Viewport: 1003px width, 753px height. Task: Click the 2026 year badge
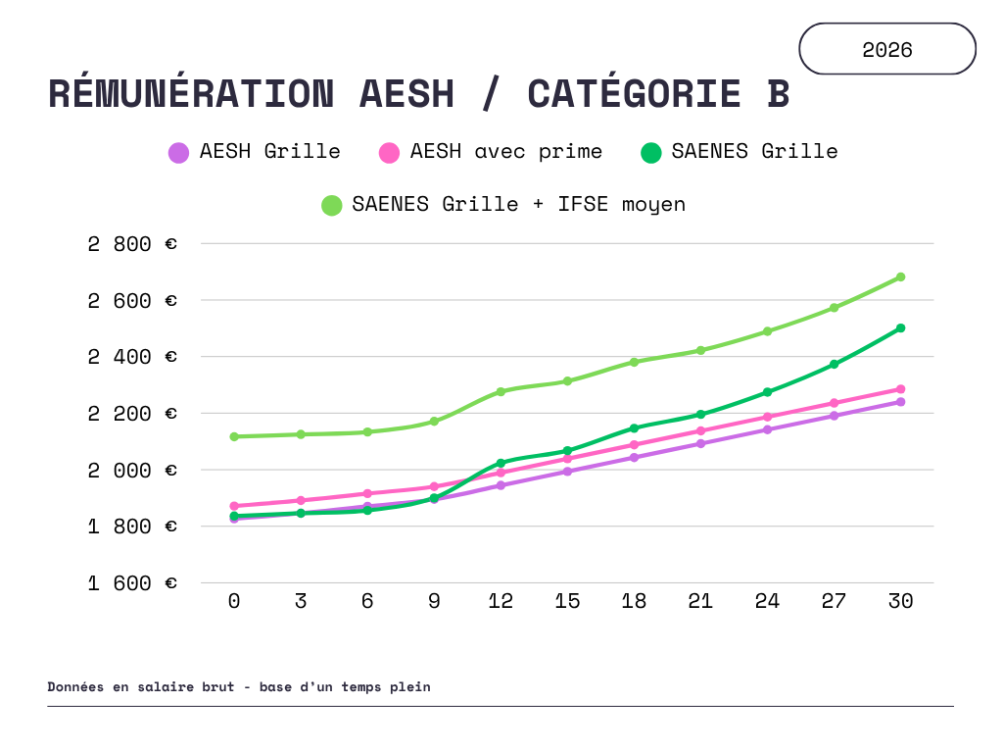(x=887, y=49)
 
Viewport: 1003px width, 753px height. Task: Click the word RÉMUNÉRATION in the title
(x=191, y=93)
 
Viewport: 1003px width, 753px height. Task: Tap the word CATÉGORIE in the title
(x=634, y=93)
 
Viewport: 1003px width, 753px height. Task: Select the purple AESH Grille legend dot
(x=178, y=153)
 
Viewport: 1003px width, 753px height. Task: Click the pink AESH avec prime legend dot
(x=389, y=153)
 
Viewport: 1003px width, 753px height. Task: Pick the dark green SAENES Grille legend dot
(x=650, y=153)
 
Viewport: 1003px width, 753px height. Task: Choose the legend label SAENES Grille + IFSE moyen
(x=519, y=204)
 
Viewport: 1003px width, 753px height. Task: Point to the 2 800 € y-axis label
(x=132, y=244)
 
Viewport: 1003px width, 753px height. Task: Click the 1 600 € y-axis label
(x=132, y=583)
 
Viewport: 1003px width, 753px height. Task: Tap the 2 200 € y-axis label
(x=132, y=414)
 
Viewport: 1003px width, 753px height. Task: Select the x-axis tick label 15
(x=567, y=601)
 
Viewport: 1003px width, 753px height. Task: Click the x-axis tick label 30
(x=901, y=601)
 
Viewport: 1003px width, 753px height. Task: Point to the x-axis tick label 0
(x=234, y=601)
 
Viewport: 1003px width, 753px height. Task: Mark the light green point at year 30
(x=901, y=277)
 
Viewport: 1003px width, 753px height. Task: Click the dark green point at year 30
(x=901, y=327)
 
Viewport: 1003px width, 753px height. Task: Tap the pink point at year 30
(x=901, y=389)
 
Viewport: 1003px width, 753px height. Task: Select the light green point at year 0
(x=234, y=436)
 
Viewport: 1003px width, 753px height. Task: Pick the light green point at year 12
(x=501, y=391)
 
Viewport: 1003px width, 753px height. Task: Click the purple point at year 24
(x=768, y=429)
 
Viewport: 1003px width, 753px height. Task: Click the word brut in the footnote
(x=218, y=687)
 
